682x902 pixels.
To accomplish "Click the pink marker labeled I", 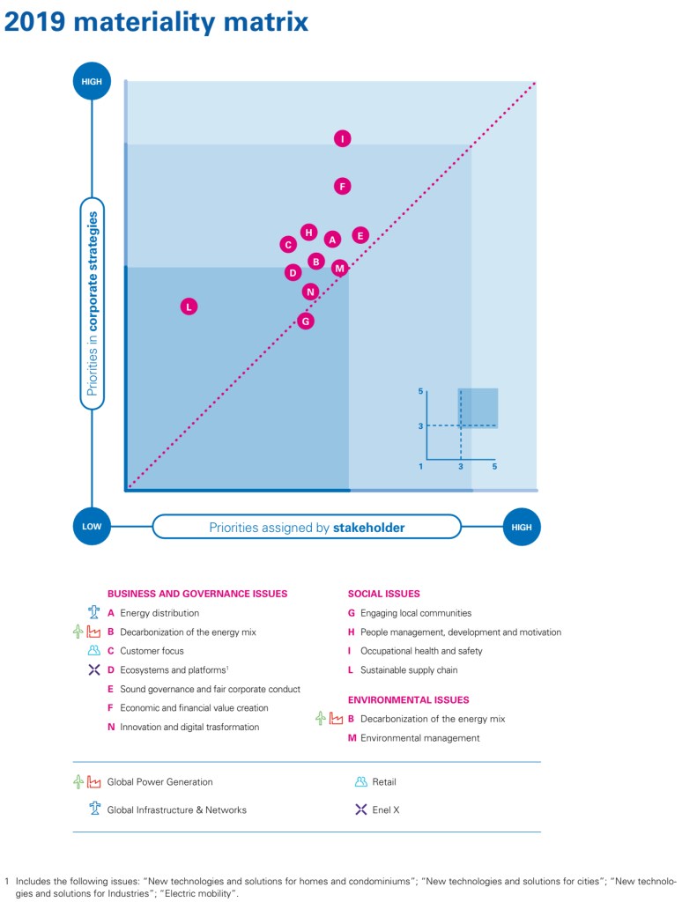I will [343, 138].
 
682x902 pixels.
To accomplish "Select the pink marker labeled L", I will [189, 307].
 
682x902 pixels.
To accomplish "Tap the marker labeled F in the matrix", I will [343, 186].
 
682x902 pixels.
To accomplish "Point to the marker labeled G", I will [306, 321].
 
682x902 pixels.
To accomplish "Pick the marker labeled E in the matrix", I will [360, 235].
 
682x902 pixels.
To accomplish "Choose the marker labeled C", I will [288, 245].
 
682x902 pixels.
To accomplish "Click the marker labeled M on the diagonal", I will [340, 268].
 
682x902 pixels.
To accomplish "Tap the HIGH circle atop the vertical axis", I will [92, 82].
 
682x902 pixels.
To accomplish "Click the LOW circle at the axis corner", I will [92, 527].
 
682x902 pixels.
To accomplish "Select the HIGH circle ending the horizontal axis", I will [522, 527].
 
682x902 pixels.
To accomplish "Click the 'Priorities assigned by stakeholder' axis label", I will [307, 527].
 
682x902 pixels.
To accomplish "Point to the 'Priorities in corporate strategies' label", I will [93, 303].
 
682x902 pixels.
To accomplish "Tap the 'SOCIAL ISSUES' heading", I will [383, 594].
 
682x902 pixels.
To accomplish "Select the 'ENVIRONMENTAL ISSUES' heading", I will [408, 700].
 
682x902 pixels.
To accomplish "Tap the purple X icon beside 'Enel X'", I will [360, 810].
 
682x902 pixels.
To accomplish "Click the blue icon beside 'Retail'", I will [360, 781].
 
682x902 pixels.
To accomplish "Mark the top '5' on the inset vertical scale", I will [421, 390].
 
